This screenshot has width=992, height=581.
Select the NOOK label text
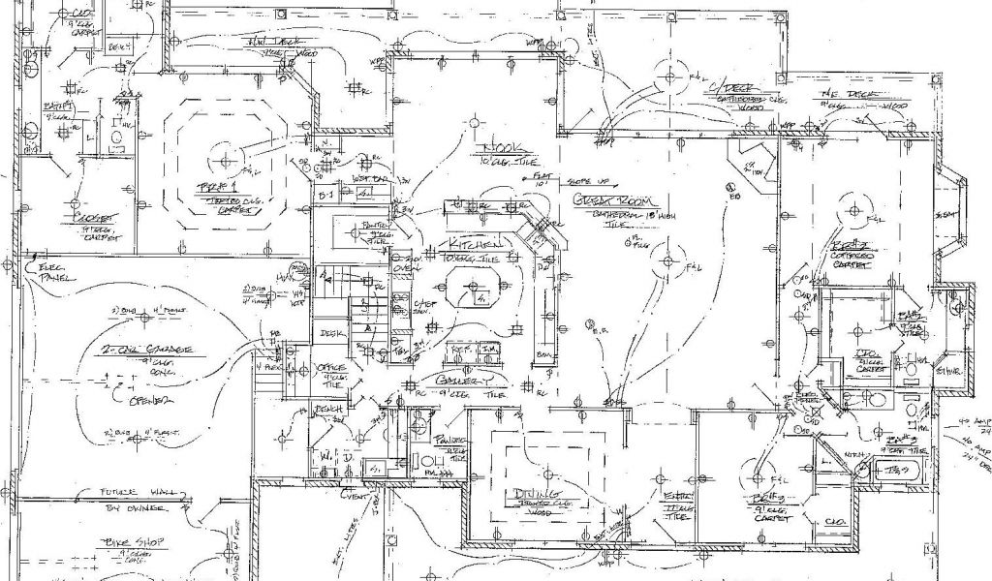504,147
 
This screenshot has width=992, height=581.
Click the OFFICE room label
332,369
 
